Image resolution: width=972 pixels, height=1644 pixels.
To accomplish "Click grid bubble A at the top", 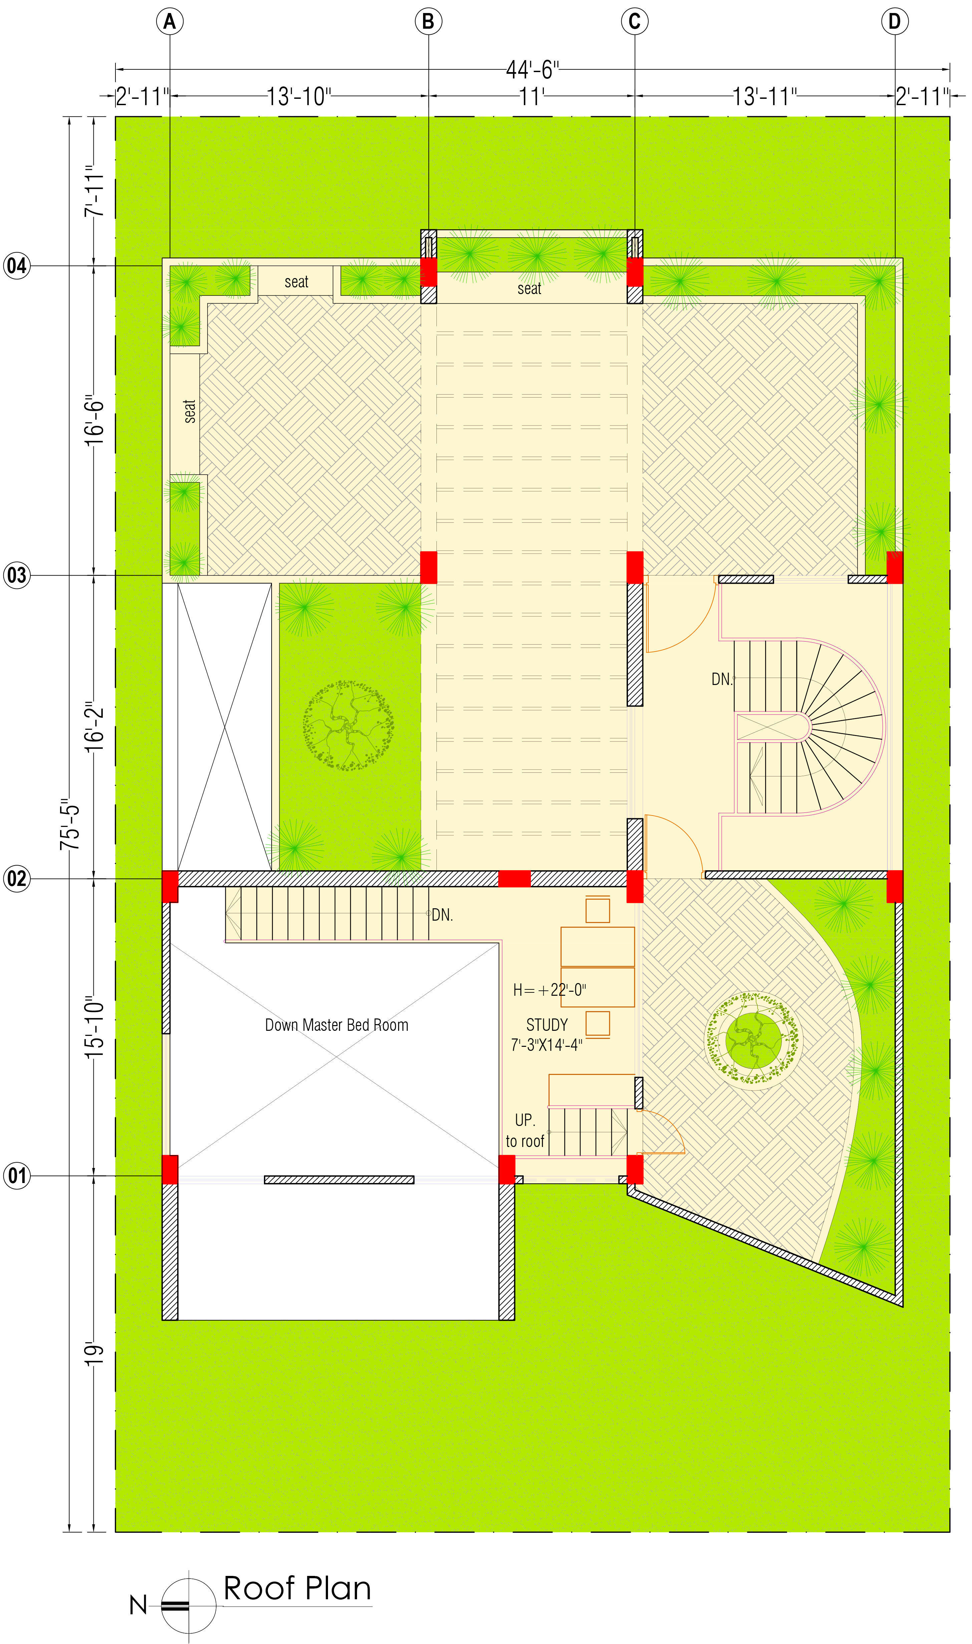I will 170,22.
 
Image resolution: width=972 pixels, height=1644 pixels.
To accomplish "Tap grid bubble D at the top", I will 895,22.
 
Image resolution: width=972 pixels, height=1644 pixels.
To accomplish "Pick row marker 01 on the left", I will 17,1176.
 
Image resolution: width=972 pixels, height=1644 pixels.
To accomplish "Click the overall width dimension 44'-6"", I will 532,69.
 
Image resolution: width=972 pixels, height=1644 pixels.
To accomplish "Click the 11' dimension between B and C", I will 531,97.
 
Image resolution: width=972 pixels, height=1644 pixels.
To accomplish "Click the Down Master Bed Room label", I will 337,1025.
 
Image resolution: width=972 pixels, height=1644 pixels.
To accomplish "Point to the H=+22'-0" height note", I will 550,989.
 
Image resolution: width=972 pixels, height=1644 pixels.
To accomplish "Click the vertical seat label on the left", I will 189,411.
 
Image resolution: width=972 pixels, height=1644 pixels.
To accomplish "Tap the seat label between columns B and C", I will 529,288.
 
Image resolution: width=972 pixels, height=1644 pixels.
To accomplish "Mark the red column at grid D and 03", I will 895,567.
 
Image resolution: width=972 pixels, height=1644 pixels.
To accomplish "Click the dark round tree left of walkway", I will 348,725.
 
